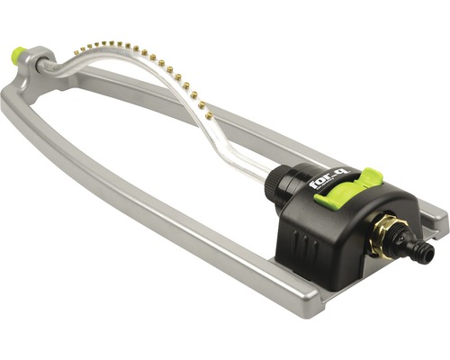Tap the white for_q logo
click(x=325, y=183)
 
